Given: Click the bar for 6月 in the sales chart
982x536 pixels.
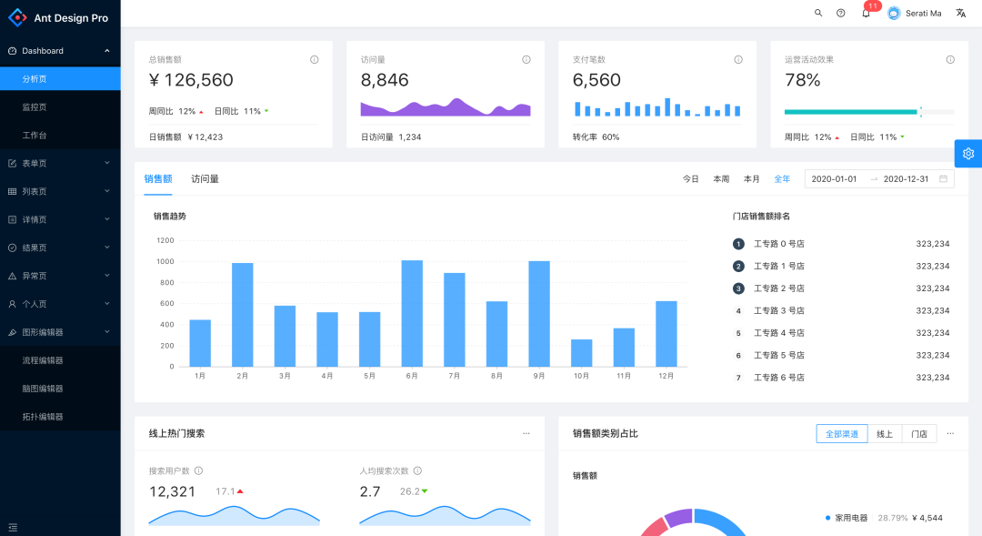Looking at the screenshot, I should tap(412, 313).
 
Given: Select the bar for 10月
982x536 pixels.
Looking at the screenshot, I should tap(581, 352).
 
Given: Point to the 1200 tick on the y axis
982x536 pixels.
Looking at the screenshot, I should tap(165, 240).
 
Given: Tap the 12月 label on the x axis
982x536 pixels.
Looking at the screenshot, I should tap(666, 376).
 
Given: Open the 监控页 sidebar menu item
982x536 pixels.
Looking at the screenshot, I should tap(35, 107).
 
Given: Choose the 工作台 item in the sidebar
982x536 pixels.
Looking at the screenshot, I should tap(35, 136).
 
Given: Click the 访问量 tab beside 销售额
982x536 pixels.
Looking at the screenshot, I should tap(205, 179).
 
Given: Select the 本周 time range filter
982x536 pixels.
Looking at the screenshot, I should tap(721, 179).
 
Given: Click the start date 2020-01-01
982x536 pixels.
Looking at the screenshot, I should tap(834, 179).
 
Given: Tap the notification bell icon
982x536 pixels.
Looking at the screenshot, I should tap(866, 14).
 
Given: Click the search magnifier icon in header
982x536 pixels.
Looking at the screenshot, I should tap(818, 14).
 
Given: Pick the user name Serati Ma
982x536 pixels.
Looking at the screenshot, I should tap(923, 14).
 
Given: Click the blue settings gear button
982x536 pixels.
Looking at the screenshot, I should tap(968, 154).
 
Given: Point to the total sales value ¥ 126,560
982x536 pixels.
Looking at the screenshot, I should tap(191, 80).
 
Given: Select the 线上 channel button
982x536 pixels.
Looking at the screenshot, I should tap(884, 434).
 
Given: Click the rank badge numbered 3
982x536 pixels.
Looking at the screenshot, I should tap(738, 288).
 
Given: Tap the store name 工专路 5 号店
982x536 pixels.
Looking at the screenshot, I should tap(778, 355).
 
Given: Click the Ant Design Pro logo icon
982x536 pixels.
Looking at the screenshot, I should tap(18, 17).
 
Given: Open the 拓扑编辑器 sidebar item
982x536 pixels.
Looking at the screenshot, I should tap(43, 417).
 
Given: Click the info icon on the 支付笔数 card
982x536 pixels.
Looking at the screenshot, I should tap(738, 60).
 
